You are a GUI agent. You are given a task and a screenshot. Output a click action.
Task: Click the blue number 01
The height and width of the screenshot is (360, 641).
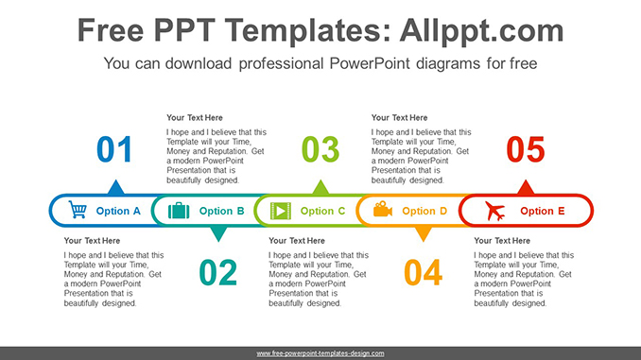pos(115,150)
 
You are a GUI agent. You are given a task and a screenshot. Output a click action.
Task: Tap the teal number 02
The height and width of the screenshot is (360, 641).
pos(217,272)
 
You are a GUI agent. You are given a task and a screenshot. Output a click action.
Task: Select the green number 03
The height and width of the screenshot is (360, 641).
pos(320,150)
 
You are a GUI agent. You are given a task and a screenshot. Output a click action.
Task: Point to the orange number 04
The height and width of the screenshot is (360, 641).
pos(423,272)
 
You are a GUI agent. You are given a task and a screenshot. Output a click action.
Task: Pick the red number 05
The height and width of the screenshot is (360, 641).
pos(526,150)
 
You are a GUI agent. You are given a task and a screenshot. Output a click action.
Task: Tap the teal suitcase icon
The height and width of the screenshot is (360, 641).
pos(179,211)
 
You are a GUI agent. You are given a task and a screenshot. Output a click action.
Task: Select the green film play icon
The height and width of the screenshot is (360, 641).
pos(281,211)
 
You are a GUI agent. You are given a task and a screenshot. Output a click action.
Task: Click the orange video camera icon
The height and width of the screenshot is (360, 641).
pos(382,211)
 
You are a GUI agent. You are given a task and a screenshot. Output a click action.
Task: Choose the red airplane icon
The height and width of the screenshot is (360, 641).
pos(495,211)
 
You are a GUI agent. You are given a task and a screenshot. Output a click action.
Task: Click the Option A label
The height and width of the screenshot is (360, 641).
pos(118,212)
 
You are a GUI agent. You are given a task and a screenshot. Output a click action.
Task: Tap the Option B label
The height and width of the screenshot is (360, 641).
pos(222,212)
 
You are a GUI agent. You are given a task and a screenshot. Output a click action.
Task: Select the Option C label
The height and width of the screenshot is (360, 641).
pos(323,212)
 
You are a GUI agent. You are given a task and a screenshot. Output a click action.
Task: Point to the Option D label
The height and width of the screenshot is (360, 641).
pos(424,212)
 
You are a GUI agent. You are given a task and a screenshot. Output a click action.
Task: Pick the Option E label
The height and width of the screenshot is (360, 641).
pos(543,212)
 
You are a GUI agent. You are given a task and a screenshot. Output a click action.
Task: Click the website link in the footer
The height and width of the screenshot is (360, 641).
pos(320,352)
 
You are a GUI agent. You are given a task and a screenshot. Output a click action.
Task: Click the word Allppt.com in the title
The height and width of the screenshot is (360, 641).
pos(482,30)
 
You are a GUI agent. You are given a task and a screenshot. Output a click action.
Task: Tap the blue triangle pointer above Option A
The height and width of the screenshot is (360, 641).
pos(115,187)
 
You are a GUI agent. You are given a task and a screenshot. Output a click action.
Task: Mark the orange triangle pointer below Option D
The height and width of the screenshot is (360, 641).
pos(423,234)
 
